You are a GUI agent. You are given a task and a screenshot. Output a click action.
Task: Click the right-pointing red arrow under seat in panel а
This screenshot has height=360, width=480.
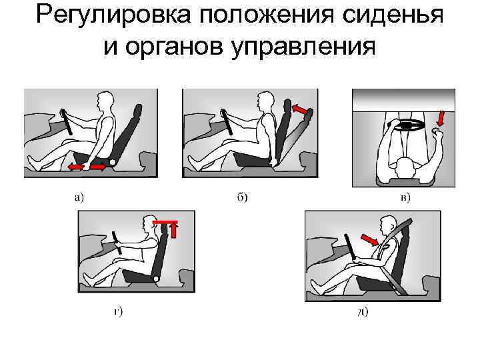[x=97, y=165]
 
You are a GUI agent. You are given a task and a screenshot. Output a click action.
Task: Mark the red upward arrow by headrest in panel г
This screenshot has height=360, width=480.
[x=174, y=230]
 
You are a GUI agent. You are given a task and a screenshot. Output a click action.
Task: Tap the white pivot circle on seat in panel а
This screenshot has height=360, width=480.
[x=113, y=161]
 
